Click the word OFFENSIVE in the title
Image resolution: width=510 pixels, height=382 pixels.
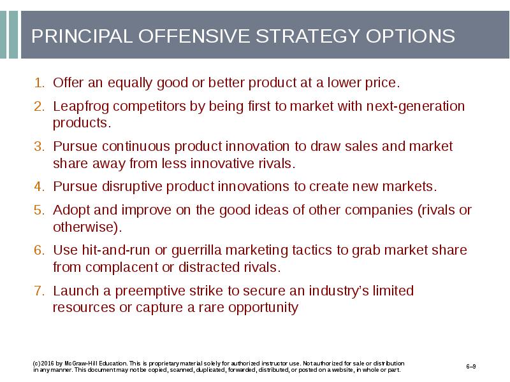[194, 36]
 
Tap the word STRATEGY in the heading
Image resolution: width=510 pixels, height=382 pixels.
[307, 36]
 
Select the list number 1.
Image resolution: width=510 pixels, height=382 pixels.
[39, 83]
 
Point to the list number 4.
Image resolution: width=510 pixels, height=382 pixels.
[39, 187]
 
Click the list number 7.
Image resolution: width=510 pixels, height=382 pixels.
[39, 291]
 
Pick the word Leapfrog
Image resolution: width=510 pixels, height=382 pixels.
[81, 107]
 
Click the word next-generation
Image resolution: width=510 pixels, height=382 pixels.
[416, 107]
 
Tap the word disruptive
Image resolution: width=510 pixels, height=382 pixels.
[132, 187]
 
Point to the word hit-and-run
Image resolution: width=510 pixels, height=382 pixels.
[116, 250]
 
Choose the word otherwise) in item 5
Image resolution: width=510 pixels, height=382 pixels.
[87, 227]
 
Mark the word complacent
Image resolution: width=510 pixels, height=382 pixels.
[122, 268]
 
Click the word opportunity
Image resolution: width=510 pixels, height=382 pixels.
[263, 308]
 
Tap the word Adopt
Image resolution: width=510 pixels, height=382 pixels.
[71, 211]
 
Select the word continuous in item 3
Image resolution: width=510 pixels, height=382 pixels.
[136, 146]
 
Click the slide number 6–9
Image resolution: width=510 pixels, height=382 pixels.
[471, 367]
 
